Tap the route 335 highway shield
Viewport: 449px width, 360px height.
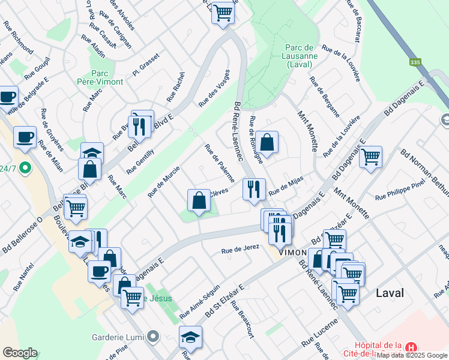415,62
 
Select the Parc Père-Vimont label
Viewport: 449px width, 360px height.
100,77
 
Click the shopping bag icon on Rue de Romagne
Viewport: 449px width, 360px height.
267,143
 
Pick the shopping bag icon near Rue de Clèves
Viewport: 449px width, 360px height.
198,202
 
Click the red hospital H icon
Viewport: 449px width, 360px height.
411,347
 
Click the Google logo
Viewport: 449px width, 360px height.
20,353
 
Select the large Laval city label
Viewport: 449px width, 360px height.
390,293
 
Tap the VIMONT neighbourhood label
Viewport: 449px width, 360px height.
292,253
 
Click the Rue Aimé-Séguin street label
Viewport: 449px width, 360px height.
199,298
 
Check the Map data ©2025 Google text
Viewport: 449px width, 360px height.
412,355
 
